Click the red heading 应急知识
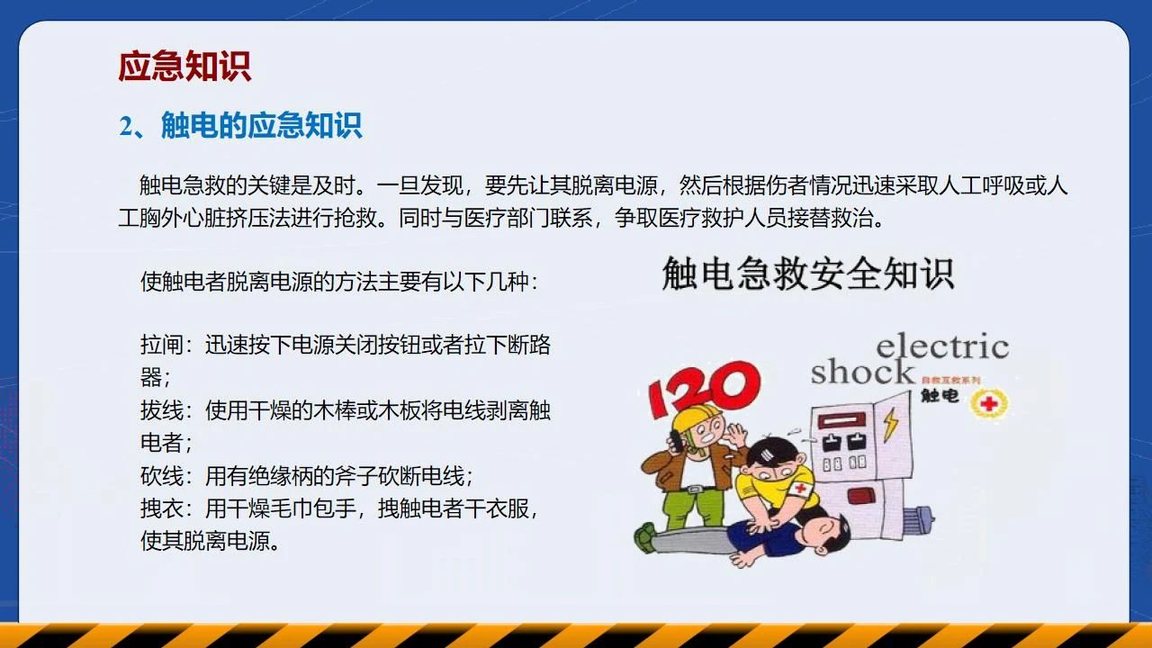click(x=184, y=67)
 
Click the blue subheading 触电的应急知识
click(x=262, y=125)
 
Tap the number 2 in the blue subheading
click(x=127, y=126)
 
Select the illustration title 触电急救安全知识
click(x=808, y=274)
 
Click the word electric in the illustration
click(x=942, y=346)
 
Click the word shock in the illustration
click(x=862, y=372)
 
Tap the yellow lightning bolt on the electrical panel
click(x=891, y=425)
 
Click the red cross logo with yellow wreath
click(x=989, y=404)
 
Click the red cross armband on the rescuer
click(x=802, y=488)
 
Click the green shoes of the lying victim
click(x=646, y=537)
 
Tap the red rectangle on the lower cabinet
click(x=861, y=496)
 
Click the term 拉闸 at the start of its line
click(x=161, y=345)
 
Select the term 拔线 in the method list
click(x=161, y=410)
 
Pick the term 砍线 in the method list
click(x=161, y=476)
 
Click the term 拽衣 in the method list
click(x=161, y=508)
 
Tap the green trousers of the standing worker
click(x=693, y=508)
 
